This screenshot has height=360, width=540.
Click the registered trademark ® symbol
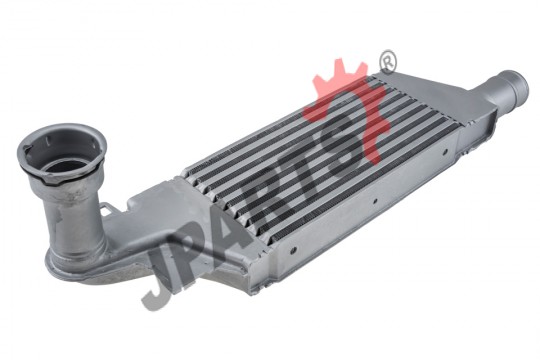387,62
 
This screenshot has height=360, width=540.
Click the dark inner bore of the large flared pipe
63,167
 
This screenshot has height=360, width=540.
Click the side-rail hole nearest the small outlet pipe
445,151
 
